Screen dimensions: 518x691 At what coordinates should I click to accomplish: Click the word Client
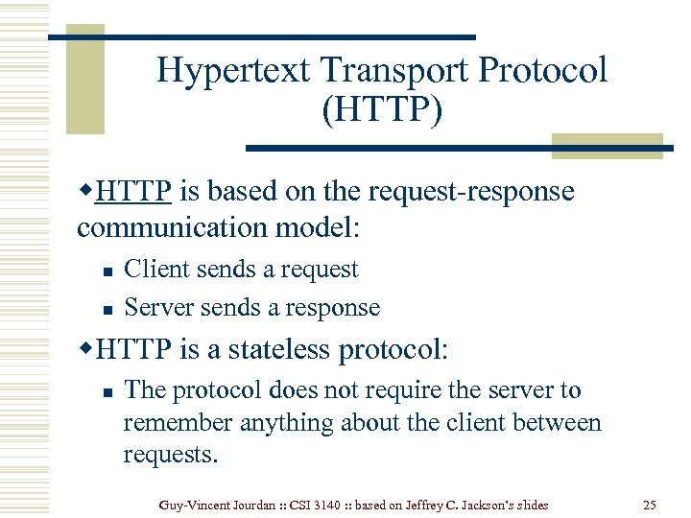(156, 270)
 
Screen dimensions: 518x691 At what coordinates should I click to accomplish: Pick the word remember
(179, 422)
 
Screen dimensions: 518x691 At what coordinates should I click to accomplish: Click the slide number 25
(649, 504)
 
